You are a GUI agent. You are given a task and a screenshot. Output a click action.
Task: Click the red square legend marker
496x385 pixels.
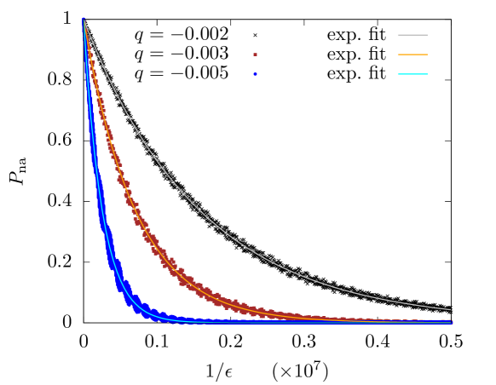[x=255, y=55]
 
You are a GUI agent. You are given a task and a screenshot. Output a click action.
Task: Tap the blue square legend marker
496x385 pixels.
[x=255, y=74]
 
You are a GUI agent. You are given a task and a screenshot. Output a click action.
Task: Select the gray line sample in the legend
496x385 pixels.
[x=412, y=35]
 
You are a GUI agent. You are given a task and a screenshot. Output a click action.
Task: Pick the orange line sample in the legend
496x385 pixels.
[x=412, y=55]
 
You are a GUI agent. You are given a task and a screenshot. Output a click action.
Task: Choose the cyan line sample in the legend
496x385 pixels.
[x=412, y=74]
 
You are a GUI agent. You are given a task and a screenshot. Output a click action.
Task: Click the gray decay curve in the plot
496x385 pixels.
[x=199, y=209]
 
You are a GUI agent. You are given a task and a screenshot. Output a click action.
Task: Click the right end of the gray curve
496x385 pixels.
[x=450, y=309]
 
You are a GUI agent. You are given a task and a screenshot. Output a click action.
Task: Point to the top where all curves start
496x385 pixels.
[x=84, y=20]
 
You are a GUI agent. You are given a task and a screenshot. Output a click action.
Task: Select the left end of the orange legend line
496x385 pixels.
[x=398, y=55]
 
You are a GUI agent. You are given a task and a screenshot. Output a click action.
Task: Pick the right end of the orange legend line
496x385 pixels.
[x=427, y=55]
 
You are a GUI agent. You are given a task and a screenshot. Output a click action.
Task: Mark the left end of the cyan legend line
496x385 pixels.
[x=398, y=74]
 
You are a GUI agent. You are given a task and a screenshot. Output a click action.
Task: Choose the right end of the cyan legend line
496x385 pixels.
[x=427, y=74]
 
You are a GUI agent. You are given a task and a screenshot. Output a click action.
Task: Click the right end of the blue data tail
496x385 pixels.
[x=451, y=322]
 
